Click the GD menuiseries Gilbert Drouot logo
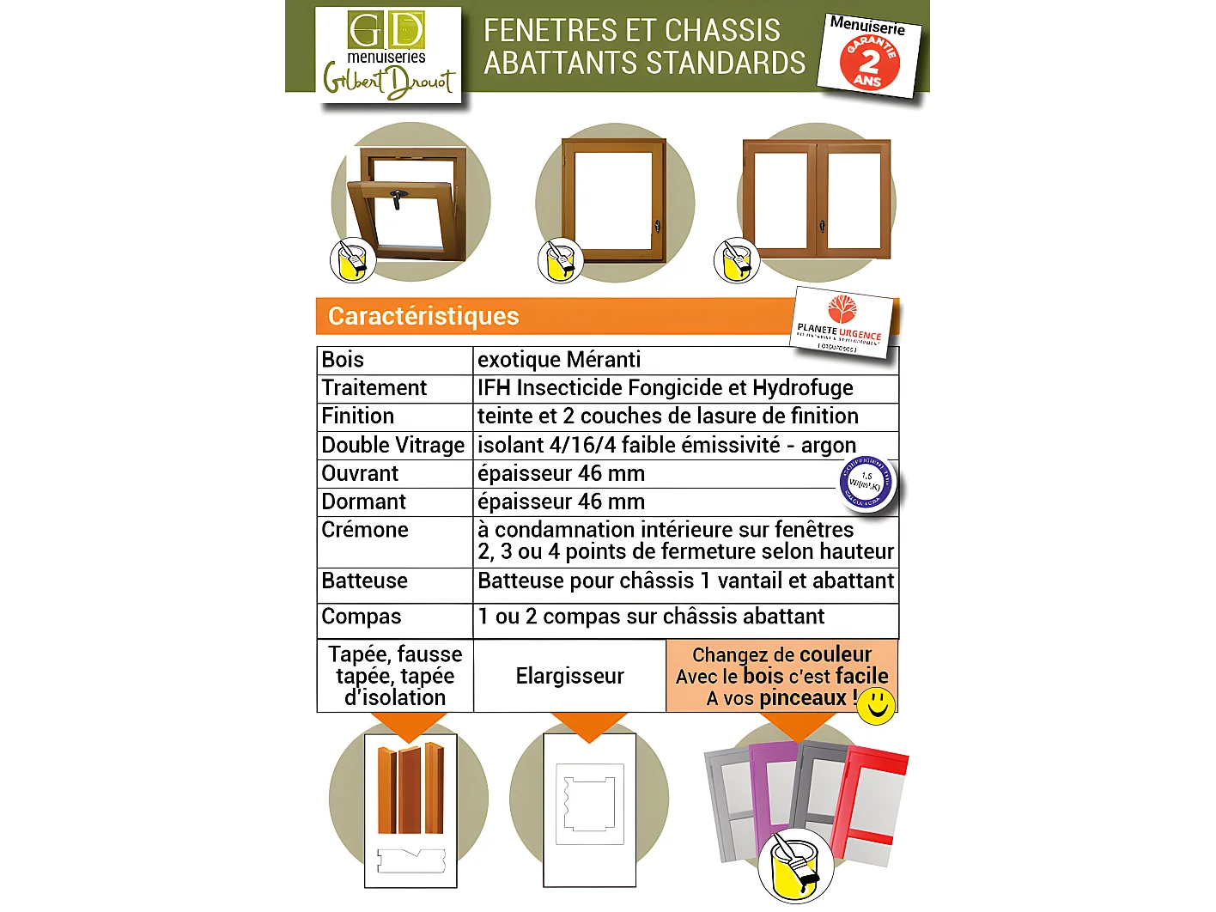pyautogui.click(x=388, y=56)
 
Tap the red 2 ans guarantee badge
pyautogui.click(x=869, y=62)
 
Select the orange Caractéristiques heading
pyautogui.click(x=423, y=316)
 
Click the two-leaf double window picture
pyautogui.click(x=817, y=198)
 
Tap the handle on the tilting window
pyautogui.click(x=397, y=198)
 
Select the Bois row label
pyautogui.click(x=343, y=360)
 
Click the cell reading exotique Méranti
pyautogui.click(x=559, y=360)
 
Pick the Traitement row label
pyautogui.click(x=374, y=388)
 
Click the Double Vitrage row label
pyautogui.click(x=392, y=445)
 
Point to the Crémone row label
pyautogui.click(x=365, y=530)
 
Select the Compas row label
pyautogui.click(x=362, y=617)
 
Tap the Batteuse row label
pyautogui.click(x=365, y=581)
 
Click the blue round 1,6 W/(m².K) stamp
pyautogui.click(x=866, y=482)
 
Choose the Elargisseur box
pyautogui.click(x=569, y=676)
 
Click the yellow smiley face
pyautogui.click(x=876, y=704)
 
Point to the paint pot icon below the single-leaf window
pyautogui.click(x=560, y=260)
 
